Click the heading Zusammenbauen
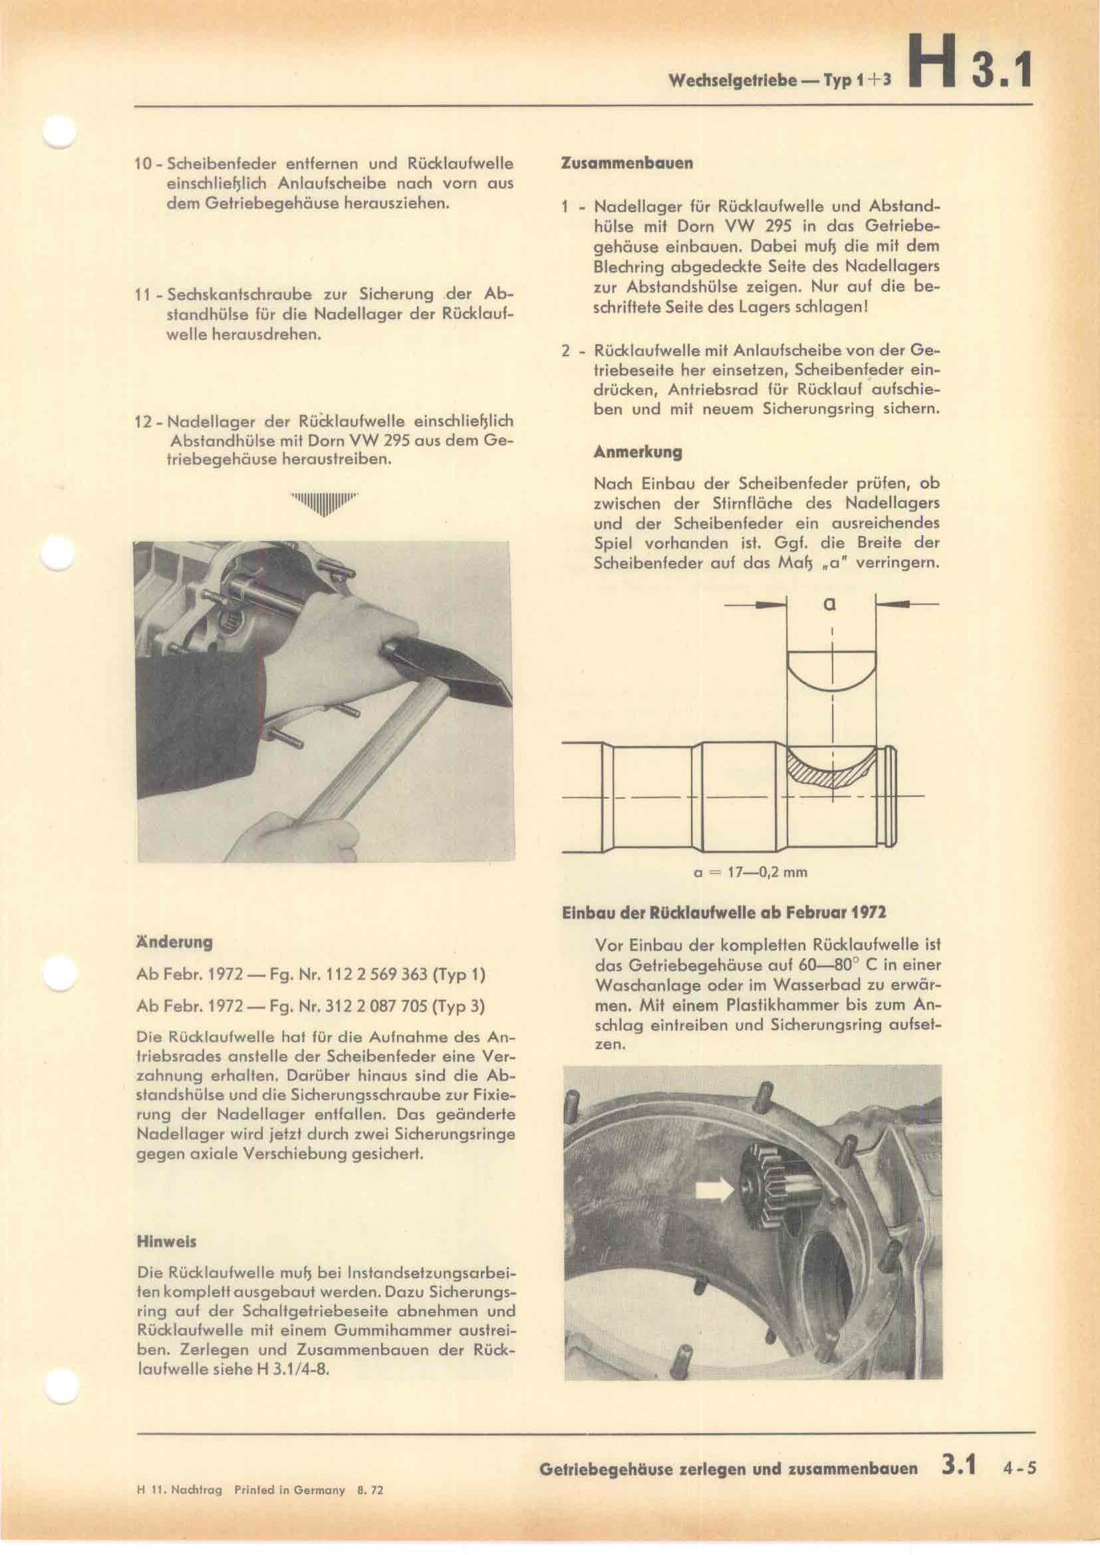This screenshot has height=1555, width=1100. tap(627, 164)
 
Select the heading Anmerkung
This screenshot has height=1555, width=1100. tap(628, 451)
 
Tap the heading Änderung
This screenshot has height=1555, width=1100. tap(175, 941)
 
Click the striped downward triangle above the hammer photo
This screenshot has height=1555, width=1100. tap(324, 503)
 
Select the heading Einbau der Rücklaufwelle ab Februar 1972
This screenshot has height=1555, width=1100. tap(724, 912)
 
